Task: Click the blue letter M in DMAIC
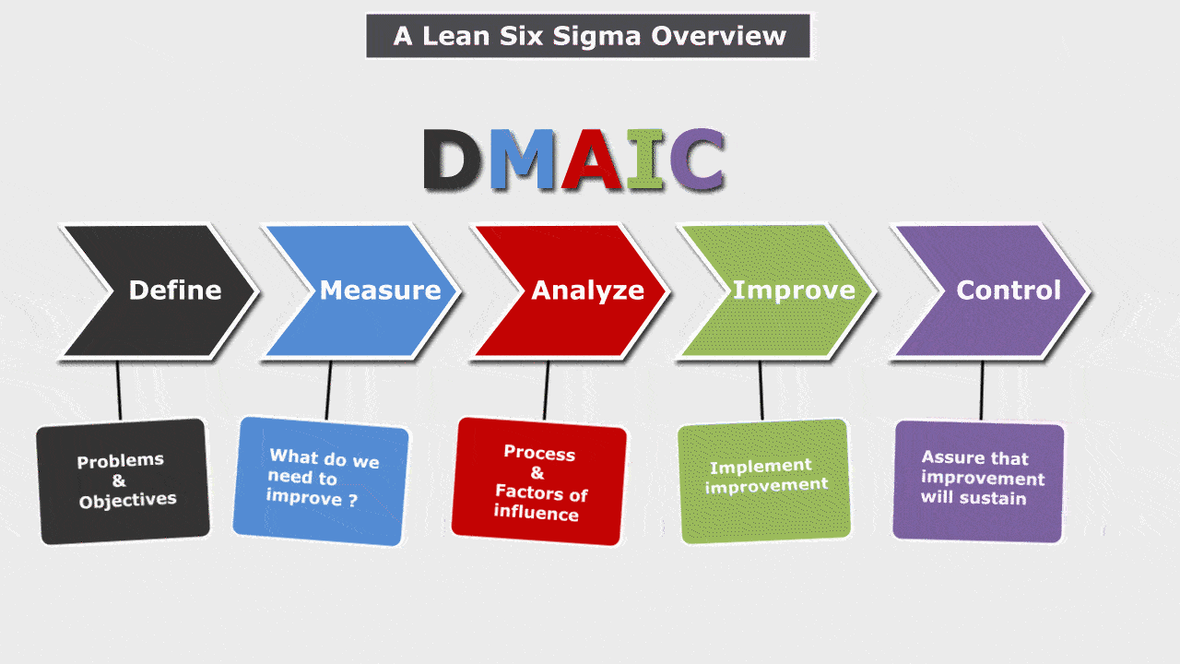pos(522,159)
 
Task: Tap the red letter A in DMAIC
pos(592,159)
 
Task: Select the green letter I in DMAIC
pos(644,159)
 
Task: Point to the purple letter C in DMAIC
pos(696,159)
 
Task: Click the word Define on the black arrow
pos(175,290)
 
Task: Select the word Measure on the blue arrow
pos(381,290)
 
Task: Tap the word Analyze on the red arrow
pos(588,291)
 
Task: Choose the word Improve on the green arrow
pos(794,290)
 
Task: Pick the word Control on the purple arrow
pos(1009,290)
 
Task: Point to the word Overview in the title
pos(718,36)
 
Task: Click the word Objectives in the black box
pos(127,500)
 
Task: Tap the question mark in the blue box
pos(353,500)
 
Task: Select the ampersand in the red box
pos(537,473)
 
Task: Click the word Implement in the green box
pos(761,467)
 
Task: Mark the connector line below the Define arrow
pos(119,390)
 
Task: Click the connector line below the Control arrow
pos(982,390)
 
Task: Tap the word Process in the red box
pos(539,453)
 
